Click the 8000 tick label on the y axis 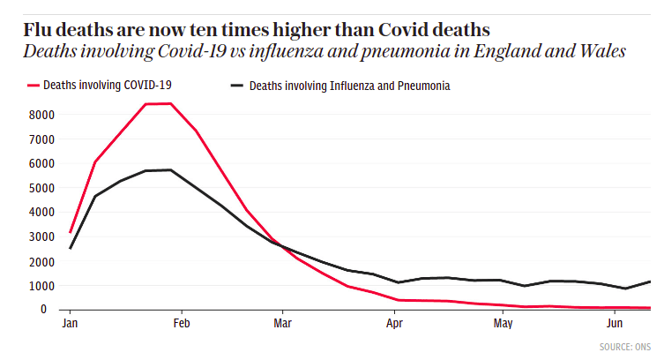(42, 115)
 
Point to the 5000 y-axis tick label (42, 188)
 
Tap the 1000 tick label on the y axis (42, 286)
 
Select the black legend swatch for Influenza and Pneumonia (236, 86)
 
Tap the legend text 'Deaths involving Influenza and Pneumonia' (350, 86)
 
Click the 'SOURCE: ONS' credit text (624, 346)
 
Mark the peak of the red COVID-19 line (170, 103)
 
